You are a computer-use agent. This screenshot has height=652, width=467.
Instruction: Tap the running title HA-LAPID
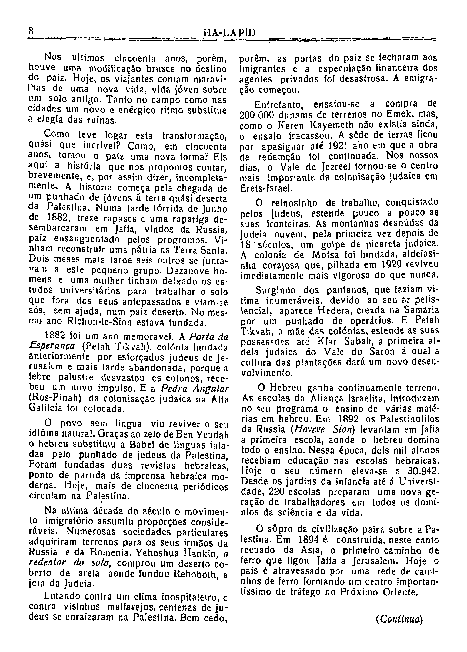tap(229, 32)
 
